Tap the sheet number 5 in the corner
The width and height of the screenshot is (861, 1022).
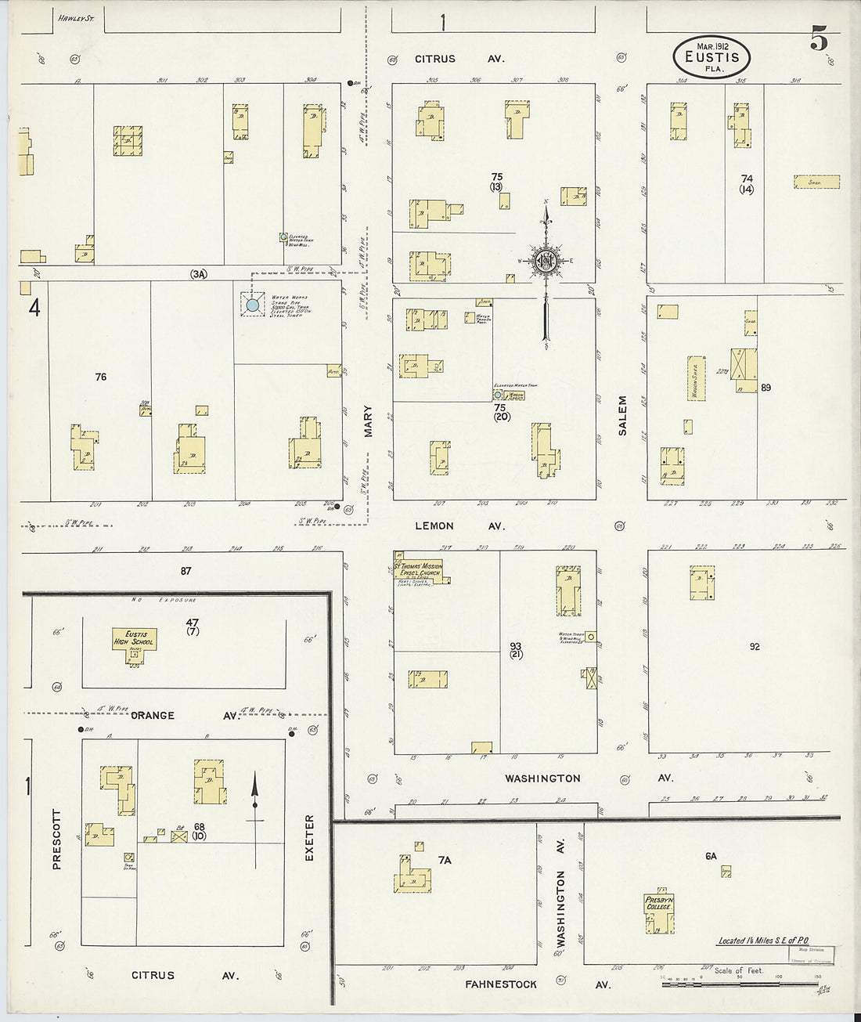point(819,38)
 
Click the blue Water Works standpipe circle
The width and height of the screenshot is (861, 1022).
point(252,305)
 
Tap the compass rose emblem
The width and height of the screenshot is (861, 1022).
point(546,262)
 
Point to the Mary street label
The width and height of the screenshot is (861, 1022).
point(368,421)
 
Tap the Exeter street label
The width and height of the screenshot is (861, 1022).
point(309,839)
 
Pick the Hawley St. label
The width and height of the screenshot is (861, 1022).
point(76,17)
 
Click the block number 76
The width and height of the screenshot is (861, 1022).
point(100,377)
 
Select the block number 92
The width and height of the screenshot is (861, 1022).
point(755,647)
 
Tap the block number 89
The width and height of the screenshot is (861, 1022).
point(766,388)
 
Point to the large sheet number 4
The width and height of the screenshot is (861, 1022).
point(34,309)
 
